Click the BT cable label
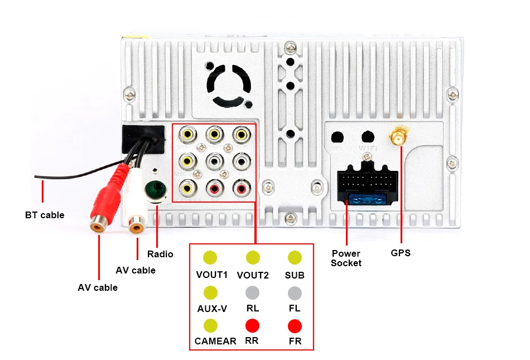click(x=45, y=215)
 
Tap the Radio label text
click(x=160, y=254)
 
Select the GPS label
click(x=401, y=253)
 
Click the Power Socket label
click(x=346, y=258)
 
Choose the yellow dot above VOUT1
click(x=210, y=257)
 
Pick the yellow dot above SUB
click(x=295, y=257)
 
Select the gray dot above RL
click(x=253, y=292)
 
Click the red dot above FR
click(x=295, y=326)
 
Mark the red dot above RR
click(x=253, y=326)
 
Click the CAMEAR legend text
click(x=215, y=341)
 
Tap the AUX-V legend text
click(x=212, y=308)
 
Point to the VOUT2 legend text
click(x=253, y=275)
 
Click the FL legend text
click(x=295, y=308)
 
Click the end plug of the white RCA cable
click(x=136, y=225)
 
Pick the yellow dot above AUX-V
click(x=210, y=292)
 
